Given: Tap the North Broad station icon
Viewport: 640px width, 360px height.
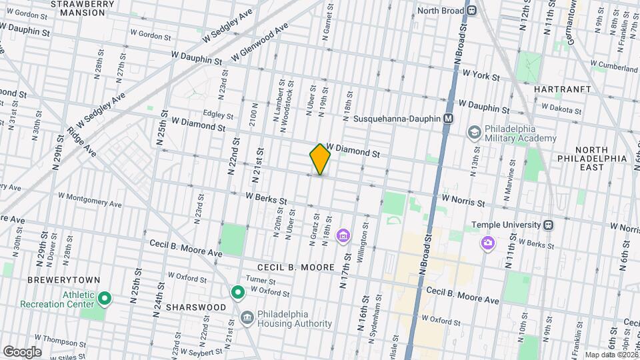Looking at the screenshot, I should coord(472,11).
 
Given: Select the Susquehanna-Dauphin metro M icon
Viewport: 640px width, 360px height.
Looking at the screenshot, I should coord(449,119).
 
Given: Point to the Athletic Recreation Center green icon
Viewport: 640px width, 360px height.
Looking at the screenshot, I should coord(105,297).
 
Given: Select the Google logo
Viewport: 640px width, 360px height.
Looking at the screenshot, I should coord(22,351).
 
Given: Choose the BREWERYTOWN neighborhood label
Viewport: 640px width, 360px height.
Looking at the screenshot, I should coord(55,281).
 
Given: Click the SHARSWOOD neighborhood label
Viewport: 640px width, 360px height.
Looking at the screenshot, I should coord(189,307).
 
